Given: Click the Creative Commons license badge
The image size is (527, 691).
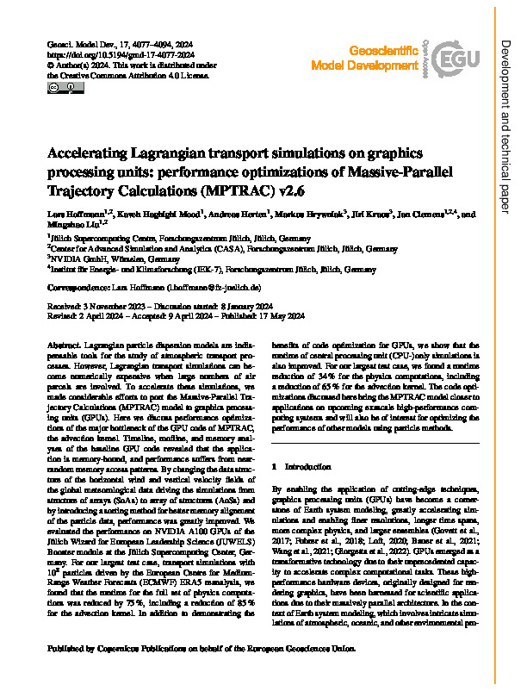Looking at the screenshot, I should tap(55, 87).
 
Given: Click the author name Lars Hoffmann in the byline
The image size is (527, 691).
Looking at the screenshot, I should tap(77, 214).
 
